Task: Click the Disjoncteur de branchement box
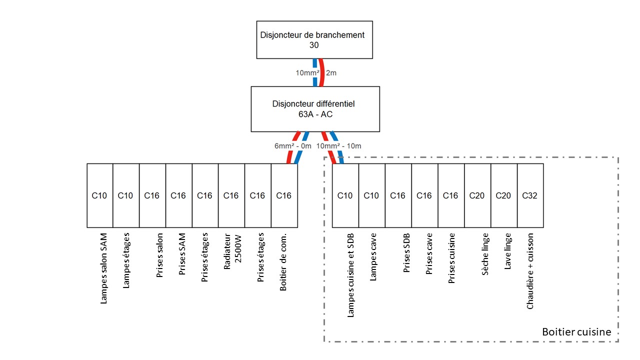click(x=314, y=39)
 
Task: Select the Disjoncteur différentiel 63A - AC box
click(x=315, y=109)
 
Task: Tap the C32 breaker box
click(x=529, y=195)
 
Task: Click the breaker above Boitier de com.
click(x=284, y=195)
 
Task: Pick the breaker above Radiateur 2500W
click(x=231, y=195)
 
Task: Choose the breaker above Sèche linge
click(x=477, y=195)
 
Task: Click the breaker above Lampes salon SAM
click(x=99, y=195)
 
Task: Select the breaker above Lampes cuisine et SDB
click(x=345, y=195)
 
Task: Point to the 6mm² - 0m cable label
click(x=293, y=146)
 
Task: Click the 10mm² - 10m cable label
click(x=338, y=146)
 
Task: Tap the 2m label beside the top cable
click(x=331, y=73)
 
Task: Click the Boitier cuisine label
click(x=576, y=332)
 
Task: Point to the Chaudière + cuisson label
click(x=530, y=271)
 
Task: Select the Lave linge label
click(x=507, y=251)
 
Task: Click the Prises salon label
click(x=159, y=255)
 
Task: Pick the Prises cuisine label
click(x=451, y=258)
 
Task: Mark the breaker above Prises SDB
click(x=398, y=195)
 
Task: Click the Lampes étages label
click(x=126, y=260)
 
